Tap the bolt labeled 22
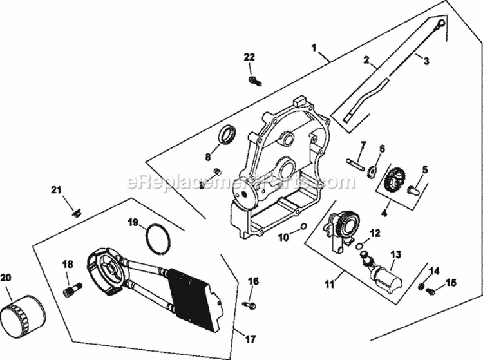pos(254,81)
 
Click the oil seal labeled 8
pos(227,137)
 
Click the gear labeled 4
pos(393,178)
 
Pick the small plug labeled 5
pos(414,190)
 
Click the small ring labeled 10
pos(303,226)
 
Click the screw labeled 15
pos(430,291)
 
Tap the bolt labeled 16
pos(250,304)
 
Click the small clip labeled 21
pos(76,213)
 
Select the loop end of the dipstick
pos(440,24)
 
